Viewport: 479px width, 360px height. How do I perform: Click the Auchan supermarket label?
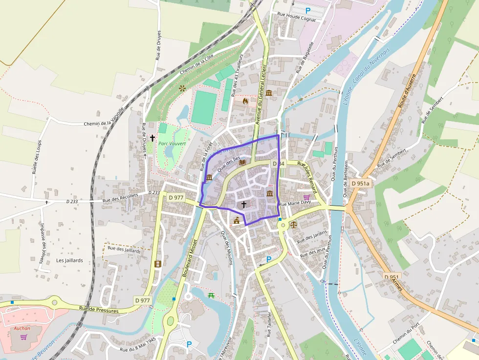[x=22, y=328]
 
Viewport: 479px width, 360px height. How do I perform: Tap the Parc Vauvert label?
[x=168, y=143]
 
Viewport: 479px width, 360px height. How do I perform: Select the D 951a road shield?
[x=361, y=183]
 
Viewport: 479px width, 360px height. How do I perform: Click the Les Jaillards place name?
[x=69, y=260]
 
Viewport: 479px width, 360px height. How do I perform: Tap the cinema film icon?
[x=157, y=264]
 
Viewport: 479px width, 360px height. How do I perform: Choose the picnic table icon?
[x=212, y=295]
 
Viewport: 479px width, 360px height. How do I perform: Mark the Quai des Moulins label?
[x=226, y=247]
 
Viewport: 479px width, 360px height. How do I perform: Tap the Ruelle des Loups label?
[x=36, y=157]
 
